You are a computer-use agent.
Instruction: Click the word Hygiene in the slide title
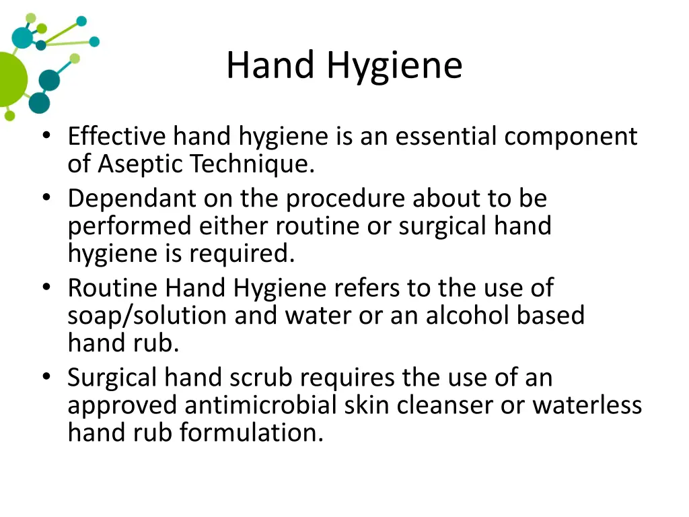[395, 67]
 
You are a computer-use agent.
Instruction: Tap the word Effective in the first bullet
[116, 137]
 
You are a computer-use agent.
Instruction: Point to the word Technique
[252, 164]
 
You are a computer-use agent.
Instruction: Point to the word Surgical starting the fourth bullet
[112, 378]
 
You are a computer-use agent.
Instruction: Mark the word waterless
[587, 405]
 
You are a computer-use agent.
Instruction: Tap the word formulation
[252, 432]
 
